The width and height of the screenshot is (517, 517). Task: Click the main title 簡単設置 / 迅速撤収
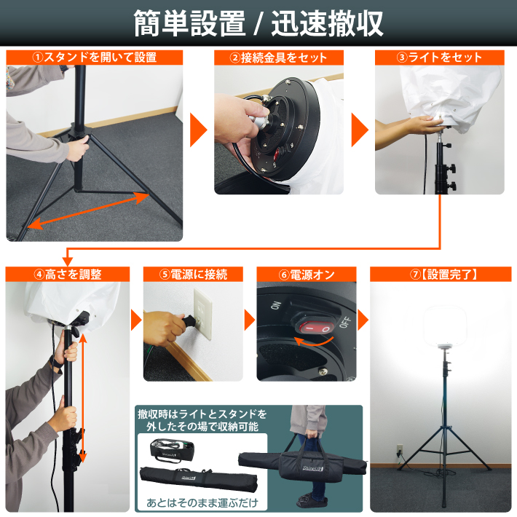click(x=258, y=23)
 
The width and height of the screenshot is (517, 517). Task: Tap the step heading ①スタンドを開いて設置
click(x=95, y=58)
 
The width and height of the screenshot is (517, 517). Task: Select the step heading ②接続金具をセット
click(x=279, y=58)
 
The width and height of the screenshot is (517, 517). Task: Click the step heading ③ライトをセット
click(x=439, y=58)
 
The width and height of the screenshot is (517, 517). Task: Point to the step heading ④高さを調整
click(x=68, y=275)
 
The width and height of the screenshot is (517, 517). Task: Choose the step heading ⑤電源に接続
click(x=193, y=275)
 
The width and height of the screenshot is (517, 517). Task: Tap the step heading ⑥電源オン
click(x=307, y=275)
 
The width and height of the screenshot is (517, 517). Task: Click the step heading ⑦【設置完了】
click(x=441, y=275)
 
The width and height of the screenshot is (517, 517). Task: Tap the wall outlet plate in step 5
click(x=202, y=314)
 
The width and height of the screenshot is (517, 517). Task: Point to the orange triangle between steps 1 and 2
click(x=199, y=130)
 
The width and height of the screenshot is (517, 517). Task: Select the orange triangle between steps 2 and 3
click(x=360, y=130)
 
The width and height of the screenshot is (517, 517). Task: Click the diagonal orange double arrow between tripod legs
click(x=88, y=210)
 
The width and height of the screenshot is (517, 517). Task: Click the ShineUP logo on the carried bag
click(x=313, y=468)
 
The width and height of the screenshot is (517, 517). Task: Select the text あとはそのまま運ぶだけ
click(x=202, y=503)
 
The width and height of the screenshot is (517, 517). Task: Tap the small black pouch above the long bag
click(x=172, y=450)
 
